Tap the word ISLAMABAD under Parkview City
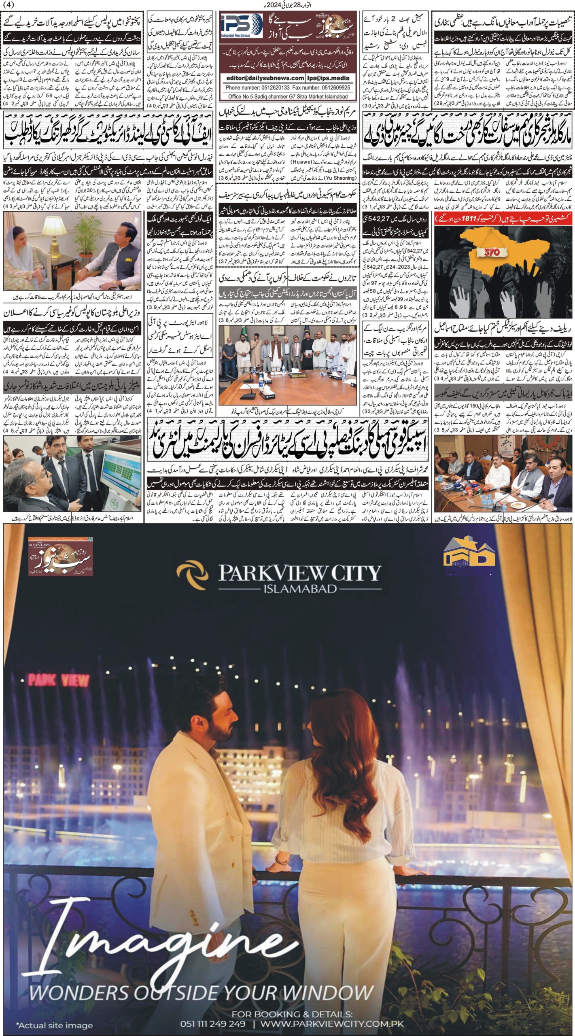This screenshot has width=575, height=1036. pyautogui.click(x=300, y=588)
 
